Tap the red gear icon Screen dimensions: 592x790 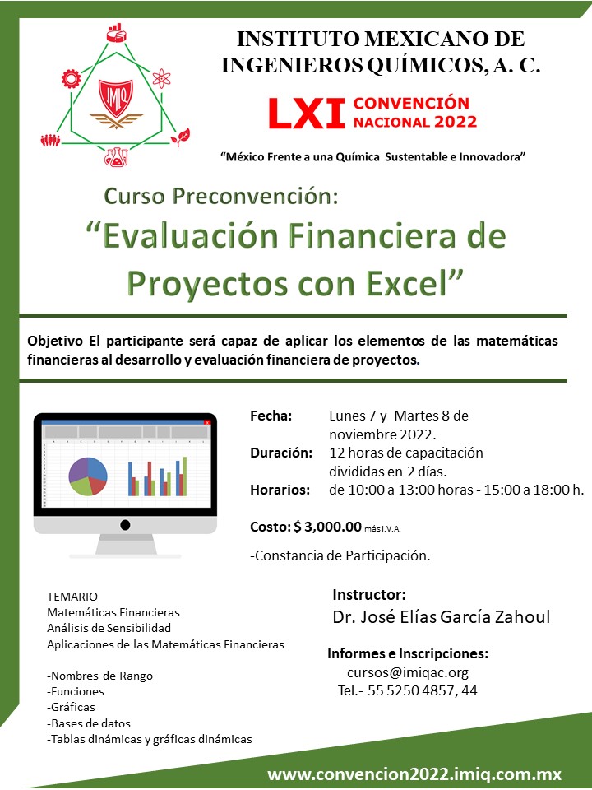[71, 79]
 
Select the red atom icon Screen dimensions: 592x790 [161, 78]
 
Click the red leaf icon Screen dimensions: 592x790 [180, 137]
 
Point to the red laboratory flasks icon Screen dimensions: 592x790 [116, 156]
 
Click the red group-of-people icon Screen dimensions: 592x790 [50, 140]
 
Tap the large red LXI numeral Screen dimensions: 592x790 [307, 114]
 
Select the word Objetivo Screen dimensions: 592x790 [55, 342]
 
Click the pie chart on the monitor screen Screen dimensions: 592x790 [88, 476]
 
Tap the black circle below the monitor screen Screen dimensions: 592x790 [125, 525]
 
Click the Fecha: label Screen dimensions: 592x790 [271, 416]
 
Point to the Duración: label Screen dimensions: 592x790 [281, 453]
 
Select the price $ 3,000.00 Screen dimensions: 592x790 [328, 527]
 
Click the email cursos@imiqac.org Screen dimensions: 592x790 [408, 672]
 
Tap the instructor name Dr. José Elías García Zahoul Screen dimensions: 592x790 [441, 617]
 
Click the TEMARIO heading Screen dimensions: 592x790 [72, 597]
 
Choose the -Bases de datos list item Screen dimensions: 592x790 [89, 723]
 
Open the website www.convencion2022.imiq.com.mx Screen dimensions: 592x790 [414, 774]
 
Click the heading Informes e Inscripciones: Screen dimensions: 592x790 [408, 654]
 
